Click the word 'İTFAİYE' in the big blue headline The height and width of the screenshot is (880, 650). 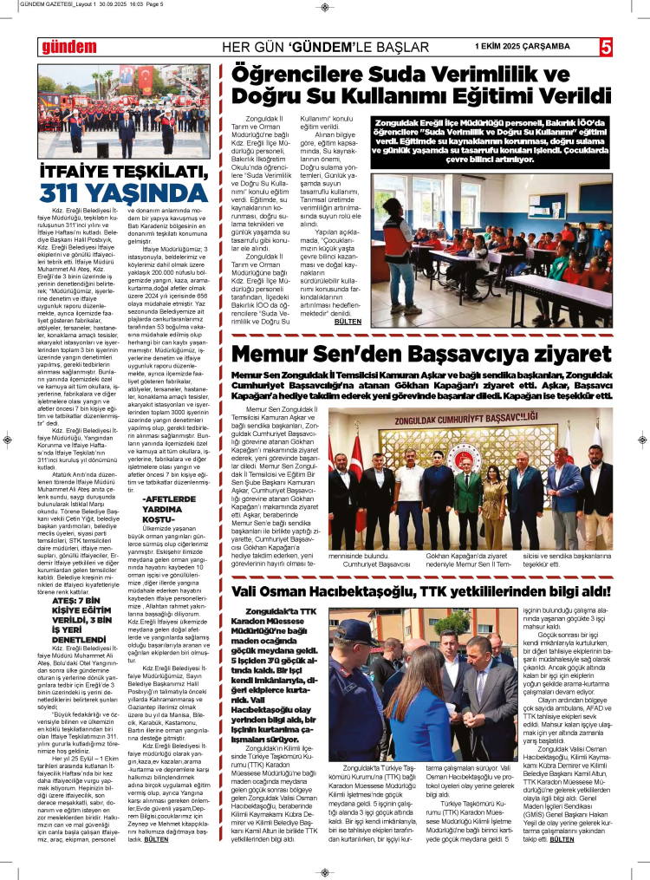[x=75, y=172]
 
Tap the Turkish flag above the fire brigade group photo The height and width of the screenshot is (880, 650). [x=146, y=81]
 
